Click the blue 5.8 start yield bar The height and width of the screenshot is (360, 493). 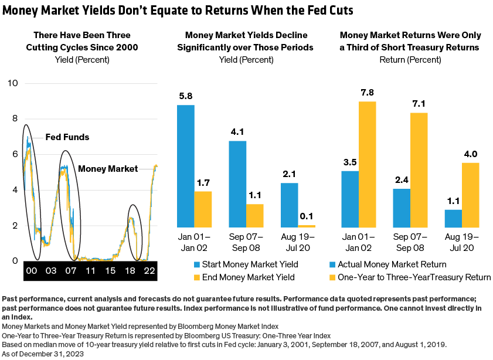pos(186,166)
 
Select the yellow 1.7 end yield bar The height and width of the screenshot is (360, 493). pos(203,209)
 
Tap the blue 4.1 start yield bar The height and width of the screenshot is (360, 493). pos(237,184)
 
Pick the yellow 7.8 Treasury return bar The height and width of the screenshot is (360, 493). pos(368,164)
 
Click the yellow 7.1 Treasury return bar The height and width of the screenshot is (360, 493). pos(419,169)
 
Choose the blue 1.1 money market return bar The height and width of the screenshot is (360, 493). pos(453,218)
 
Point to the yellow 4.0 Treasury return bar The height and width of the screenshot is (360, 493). pos(471,195)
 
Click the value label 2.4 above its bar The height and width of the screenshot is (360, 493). pos(402,181)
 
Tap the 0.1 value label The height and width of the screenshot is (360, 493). pos(307,217)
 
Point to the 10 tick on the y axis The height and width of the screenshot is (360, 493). pos(12,84)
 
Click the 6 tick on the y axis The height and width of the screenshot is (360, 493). pos(14,155)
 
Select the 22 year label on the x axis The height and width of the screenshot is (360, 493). pos(149,271)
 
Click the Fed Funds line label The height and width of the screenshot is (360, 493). pos(67,137)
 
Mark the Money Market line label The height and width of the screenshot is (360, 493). pos(104,169)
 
